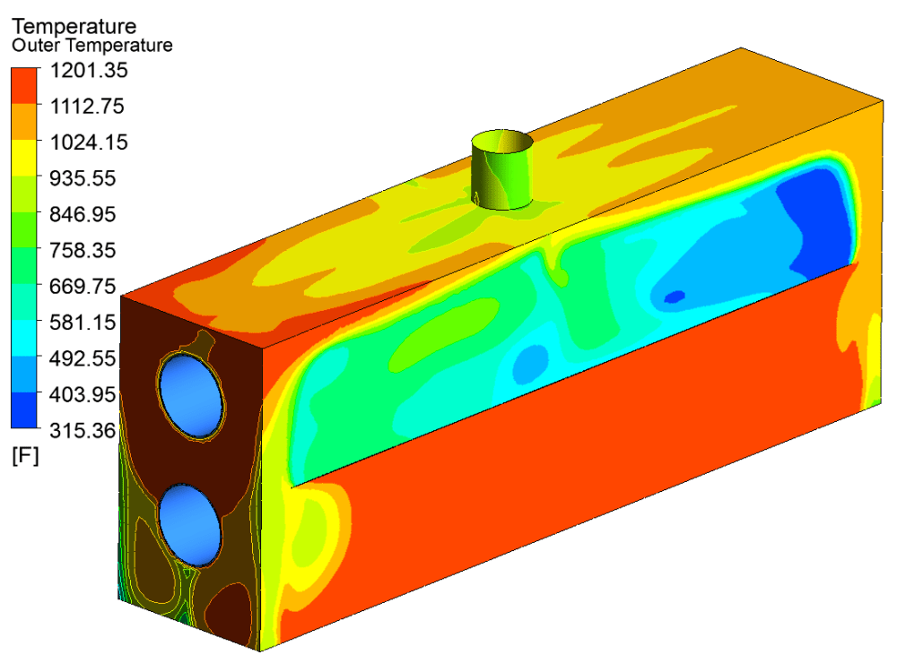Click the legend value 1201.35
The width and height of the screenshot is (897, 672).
(x=89, y=70)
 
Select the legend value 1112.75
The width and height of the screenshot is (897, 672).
(x=87, y=107)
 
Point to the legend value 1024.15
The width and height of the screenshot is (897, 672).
(x=89, y=142)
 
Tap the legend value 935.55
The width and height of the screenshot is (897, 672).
(x=83, y=178)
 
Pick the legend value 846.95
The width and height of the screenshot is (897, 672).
(x=83, y=214)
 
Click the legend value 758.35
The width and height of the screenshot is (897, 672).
(x=83, y=250)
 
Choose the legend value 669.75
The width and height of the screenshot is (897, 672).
(x=83, y=287)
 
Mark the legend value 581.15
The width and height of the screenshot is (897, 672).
(x=83, y=323)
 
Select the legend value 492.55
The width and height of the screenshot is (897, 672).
(x=83, y=358)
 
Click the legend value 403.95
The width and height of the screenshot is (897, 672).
(x=83, y=394)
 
